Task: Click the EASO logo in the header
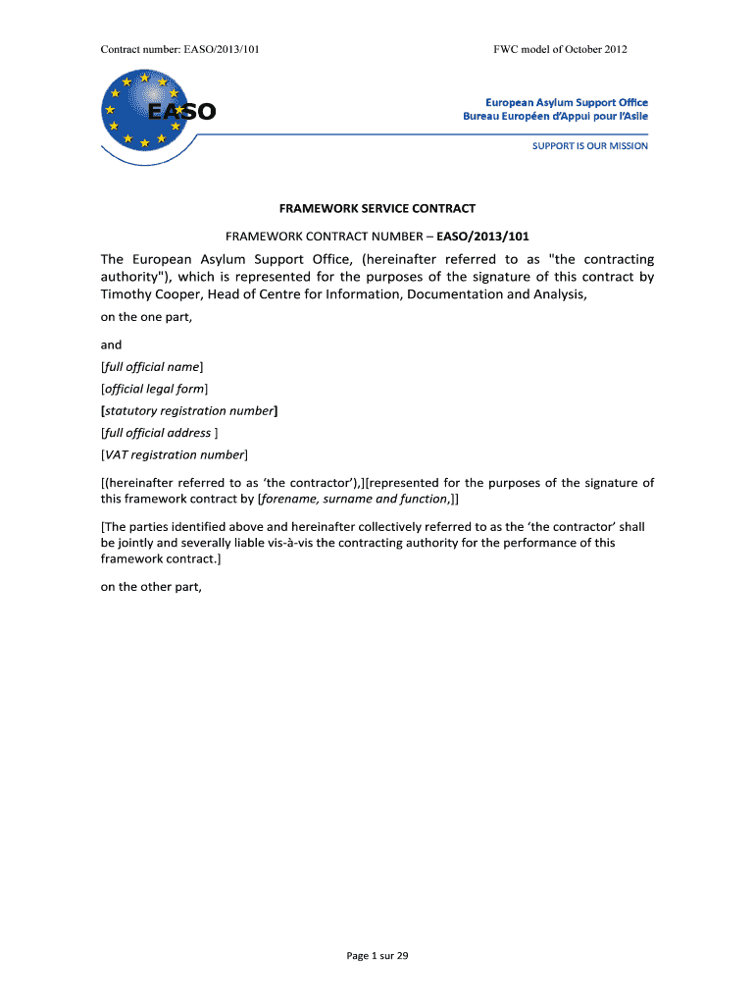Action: [x=157, y=110]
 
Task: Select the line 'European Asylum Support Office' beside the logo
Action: [x=567, y=102]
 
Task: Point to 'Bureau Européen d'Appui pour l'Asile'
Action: [x=555, y=116]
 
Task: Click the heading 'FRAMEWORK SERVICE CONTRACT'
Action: [x=377, y=209]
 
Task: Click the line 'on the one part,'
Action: [x=143, y=316]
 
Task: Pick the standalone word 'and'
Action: [x=112, y=344]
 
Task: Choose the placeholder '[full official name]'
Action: [x=152, y=367]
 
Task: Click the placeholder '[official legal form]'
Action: [x=155, y=389]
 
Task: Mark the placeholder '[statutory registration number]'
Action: [x=189, y=411]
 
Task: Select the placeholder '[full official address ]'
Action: [x=160, y=433]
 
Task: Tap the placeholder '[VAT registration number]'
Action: [x=175, y=455]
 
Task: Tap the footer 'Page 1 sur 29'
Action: [x=377, y=956]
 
